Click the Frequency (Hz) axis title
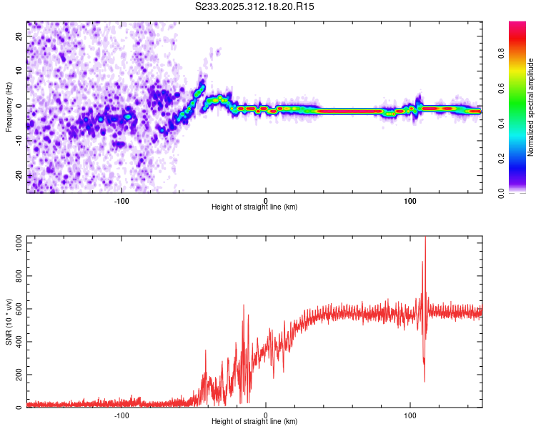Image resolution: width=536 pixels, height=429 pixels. click(9, 107)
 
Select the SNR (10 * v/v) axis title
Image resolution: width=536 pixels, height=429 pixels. click(9, 322)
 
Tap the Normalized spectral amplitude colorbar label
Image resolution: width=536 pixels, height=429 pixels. click(531, 108)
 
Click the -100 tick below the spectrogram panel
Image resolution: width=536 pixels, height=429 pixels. click(121, 199)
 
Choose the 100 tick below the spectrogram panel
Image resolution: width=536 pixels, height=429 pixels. click(410, 199)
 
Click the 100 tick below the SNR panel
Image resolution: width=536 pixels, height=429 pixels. click(410, 415)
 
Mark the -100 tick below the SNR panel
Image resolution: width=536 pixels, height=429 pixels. click(121, 415)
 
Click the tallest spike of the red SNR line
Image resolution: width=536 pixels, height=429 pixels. click(425, 239)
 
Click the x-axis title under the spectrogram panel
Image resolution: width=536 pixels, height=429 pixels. click(254, 207)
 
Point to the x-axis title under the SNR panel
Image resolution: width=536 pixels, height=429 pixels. click(254, 423)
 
